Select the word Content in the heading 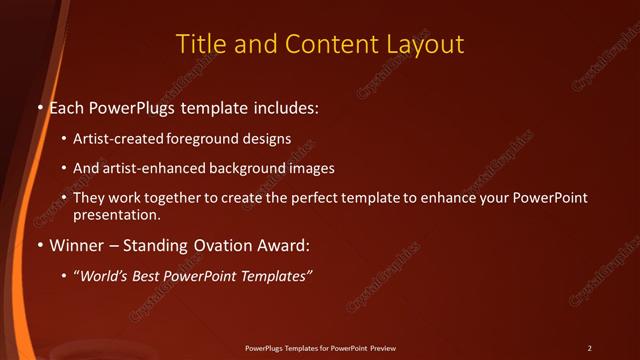coord(326,45)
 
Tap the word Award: coord(283,245)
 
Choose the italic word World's coord(104,275)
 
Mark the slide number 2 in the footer coord(589,348)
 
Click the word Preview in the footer coord(381,348)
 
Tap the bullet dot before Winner coord(41,245)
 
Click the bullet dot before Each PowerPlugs coord(41,106)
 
